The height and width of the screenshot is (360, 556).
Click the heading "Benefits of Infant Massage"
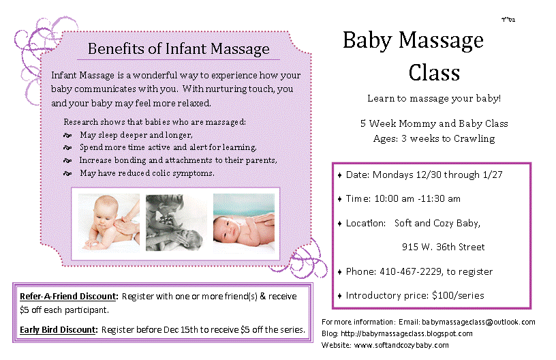179,49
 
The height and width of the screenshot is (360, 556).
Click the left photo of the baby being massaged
110,222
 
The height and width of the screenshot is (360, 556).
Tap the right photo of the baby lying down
243,222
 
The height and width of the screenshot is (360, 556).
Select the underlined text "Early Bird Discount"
59,330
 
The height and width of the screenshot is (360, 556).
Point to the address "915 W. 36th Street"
443,247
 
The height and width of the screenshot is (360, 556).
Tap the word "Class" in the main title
434,72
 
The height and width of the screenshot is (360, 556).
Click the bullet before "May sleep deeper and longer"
67,135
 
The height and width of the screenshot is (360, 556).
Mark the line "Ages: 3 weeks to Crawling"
433,138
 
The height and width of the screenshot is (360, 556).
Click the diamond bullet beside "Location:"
340,224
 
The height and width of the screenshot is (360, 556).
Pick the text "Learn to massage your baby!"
434,98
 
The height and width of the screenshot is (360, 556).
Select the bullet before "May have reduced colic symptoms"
67,174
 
